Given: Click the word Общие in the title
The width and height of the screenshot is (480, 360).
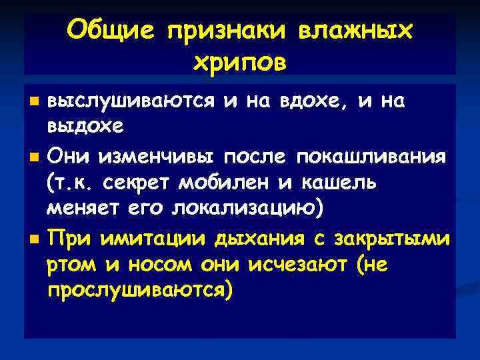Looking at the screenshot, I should click(109, 29).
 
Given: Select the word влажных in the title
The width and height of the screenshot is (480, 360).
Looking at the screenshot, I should click(354, 29).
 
